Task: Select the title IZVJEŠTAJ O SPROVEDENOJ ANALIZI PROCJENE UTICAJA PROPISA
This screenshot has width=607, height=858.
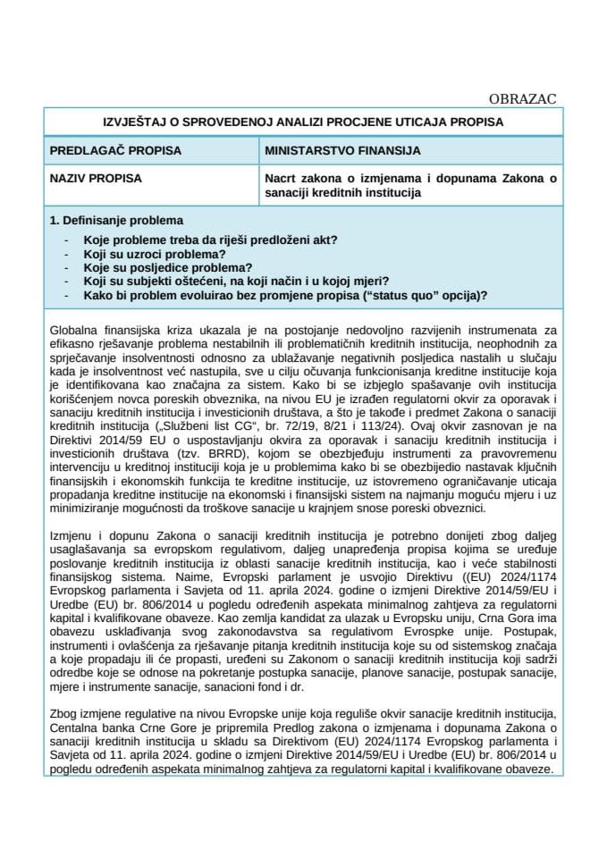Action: [303, 122]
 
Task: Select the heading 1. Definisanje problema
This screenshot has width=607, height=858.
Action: [116, 220]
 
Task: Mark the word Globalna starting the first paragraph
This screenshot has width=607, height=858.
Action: [75, 332]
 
